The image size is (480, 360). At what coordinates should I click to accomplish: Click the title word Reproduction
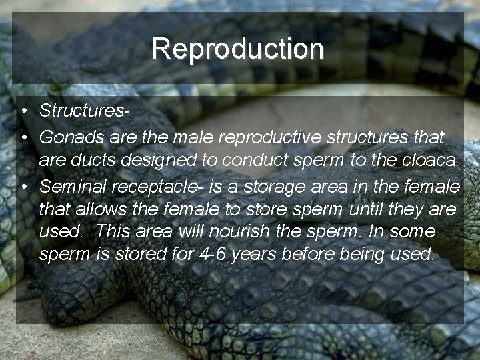click(237, 49)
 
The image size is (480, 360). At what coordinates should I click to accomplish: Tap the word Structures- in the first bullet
click(84, 111)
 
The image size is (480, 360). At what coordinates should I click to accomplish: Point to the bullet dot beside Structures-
click(23, 111)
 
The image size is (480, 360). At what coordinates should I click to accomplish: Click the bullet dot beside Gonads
click(23, 138)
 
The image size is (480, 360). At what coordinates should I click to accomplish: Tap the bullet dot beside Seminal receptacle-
click(23, 185)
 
